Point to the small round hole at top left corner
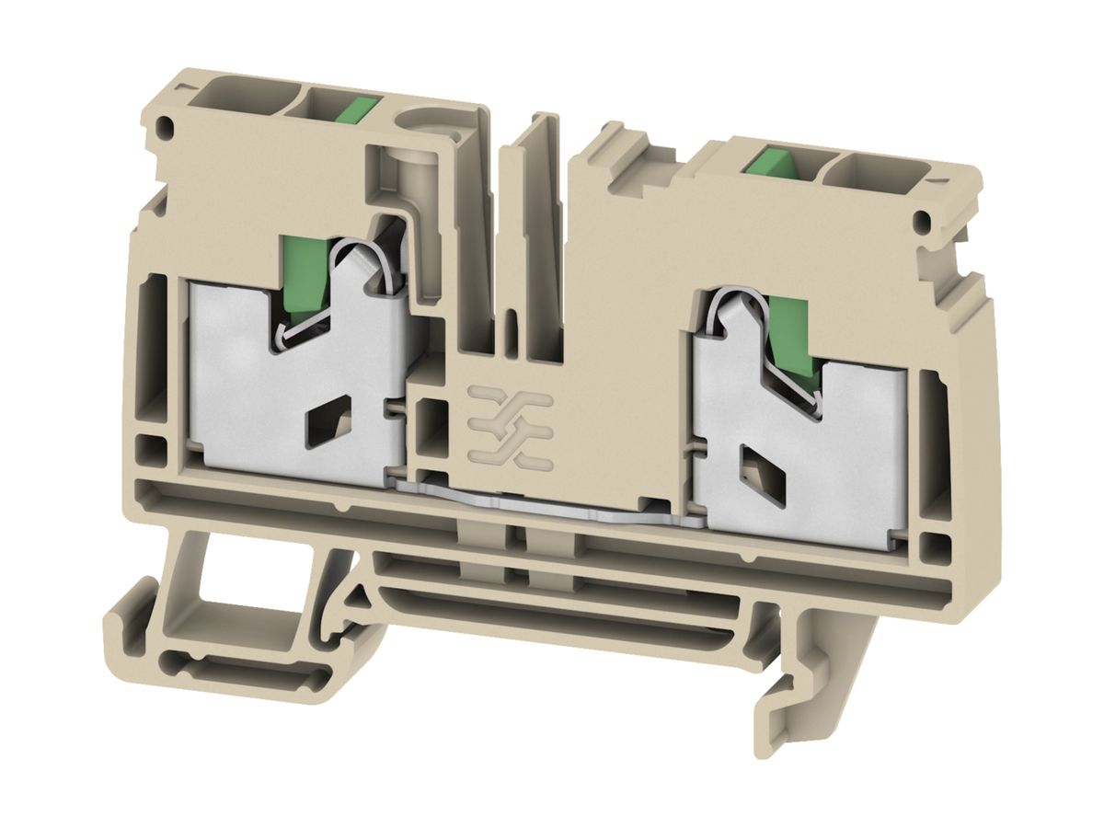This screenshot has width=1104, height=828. click(166, 125)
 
